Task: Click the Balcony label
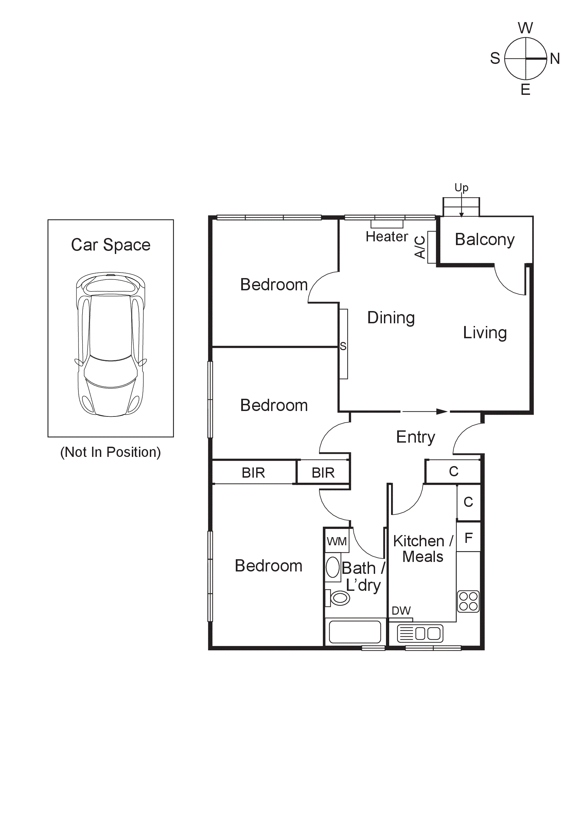pos(485,240)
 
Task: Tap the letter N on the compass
pos(554,58)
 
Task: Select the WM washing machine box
pos(337,541)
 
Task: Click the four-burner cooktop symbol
pos(468,601)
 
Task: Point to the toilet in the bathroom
pos(339,598)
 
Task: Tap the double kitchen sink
pos(420,633)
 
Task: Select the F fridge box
pos(468,538)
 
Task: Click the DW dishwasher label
pos(401,611)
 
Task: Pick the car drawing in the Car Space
pos(110,344)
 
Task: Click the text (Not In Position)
pos(110,452)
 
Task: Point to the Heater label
pos(387,237)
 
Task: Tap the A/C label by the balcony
pos(420,247)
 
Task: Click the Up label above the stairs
pos(461,187)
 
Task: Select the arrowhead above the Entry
pos(442,411)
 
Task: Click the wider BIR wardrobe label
pos(253,473)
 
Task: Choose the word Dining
pos(391,318)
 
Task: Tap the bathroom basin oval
pos(332,567)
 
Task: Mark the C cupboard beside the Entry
pos(453,472)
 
